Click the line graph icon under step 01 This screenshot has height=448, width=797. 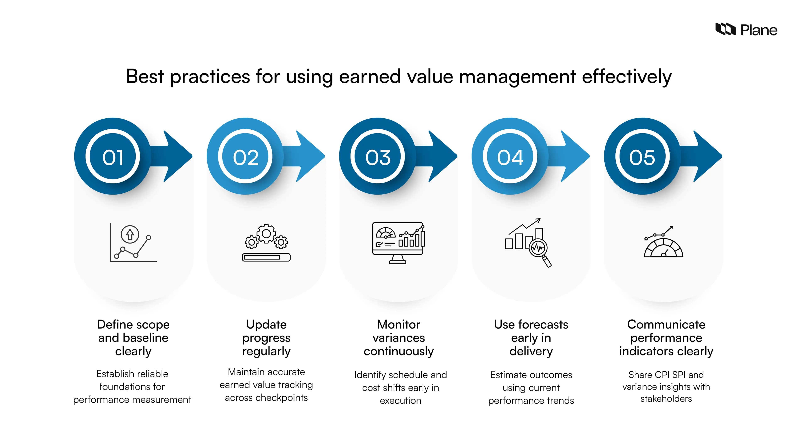pyautogui.click(x=133, y=243)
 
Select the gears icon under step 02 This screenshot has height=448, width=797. pyautogui.click(x=266, y=243)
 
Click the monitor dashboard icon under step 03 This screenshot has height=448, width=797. pyautogui.click(x=398, y=243)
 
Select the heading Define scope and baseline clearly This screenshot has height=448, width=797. pyautogui.click(x=133, y=338)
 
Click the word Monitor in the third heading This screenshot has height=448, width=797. pyautogui.click(x=398, y=324)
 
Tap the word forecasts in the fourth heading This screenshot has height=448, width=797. pyautogui.click(x=543, y=324)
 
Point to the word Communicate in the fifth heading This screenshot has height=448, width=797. pyautogui.click(x=666, y=324)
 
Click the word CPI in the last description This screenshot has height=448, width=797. pyautogui.click(x=662, y=375)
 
